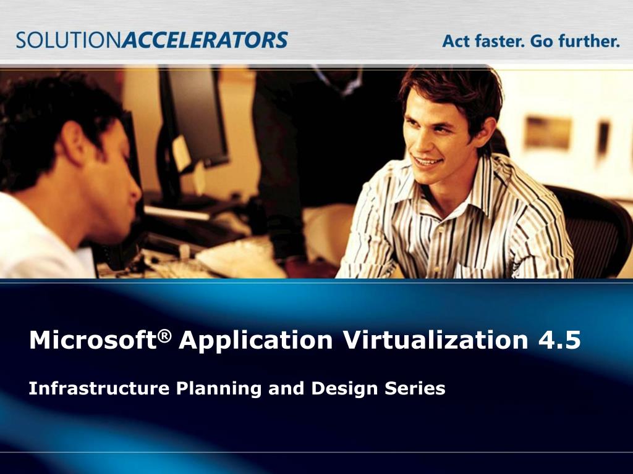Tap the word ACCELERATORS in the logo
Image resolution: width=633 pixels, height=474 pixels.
(205, 41)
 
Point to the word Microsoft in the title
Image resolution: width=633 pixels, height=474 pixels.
(91, 341)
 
